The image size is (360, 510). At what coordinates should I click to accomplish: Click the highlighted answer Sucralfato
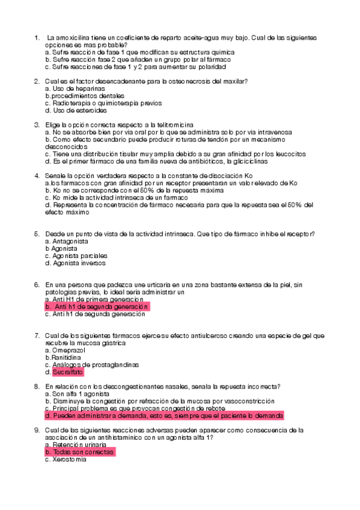tap(68, 372)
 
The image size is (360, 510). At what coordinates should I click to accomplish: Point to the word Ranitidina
tap(68, 357)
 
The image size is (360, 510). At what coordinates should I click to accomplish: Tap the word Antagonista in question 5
tap(70, 241)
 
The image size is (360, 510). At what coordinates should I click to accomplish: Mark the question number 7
tap(37, 335)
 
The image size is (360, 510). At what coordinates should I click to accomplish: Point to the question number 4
tap(37, 176)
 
